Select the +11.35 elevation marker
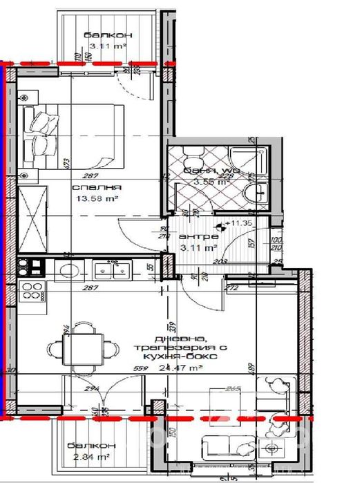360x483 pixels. click(x=238, y=224)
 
